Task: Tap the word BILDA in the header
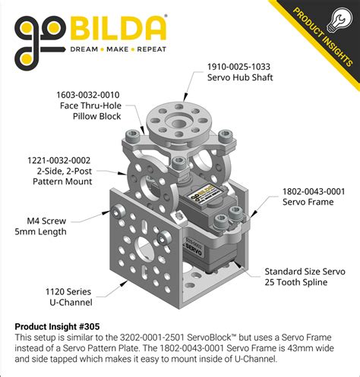click(x=119, y=29)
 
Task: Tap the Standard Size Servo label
click(x=304, y=271)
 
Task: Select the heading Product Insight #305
click(x=57, y=325)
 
